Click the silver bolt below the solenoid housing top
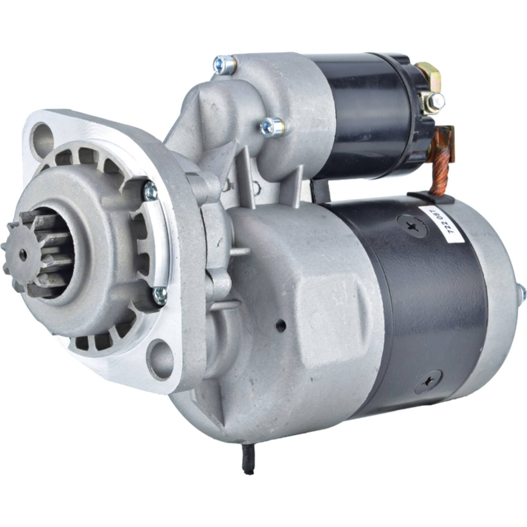[272, 128]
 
